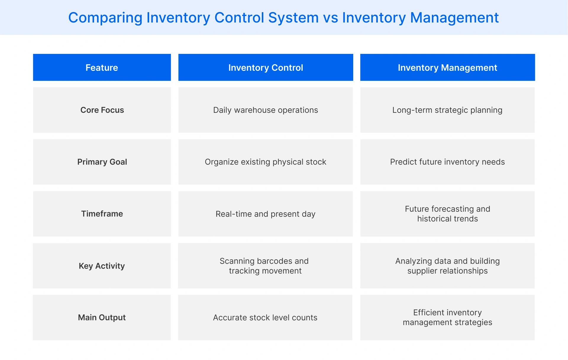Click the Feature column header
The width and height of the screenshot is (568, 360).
(102, 67)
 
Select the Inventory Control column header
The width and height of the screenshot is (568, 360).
(265, 67)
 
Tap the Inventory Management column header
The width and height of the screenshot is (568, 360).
(447, 67)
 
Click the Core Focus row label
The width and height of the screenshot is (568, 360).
(102, 110)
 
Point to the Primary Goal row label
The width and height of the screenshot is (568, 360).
(102, 162)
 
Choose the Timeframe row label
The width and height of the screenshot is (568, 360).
(102, 214)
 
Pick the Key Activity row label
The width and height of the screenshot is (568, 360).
(102, 266)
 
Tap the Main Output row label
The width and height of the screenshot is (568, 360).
(102, 318)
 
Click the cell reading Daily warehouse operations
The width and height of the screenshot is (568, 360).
(265, 110)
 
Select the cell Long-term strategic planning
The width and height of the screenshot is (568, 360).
(447, 110)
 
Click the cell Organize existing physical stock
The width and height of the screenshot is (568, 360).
(265, 162)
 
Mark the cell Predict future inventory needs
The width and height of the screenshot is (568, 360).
(447, 162)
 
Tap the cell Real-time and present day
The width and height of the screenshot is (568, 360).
(265, 214)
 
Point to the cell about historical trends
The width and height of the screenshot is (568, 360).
(447, 214)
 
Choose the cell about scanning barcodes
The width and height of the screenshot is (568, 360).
(265, 266)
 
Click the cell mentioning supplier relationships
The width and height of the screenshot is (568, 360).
(447, 266)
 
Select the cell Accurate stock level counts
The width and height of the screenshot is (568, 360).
(265, 318)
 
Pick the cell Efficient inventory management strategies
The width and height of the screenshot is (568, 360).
(447, 317)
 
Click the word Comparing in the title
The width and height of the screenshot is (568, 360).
(105, 18)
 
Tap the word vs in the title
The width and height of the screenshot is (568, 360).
(330, 18)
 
